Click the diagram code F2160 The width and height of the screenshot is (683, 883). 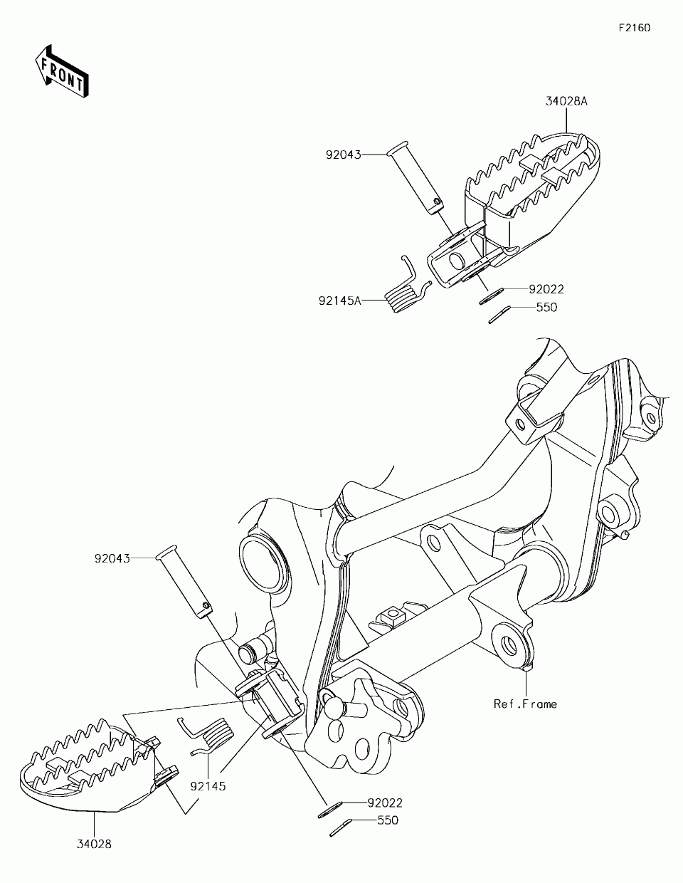[x=634, y=28]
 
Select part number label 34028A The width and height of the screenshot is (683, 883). [x=566, y=101]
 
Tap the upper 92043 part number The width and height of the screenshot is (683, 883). [x=344, y=154]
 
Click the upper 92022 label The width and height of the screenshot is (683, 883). [x=546, y=289]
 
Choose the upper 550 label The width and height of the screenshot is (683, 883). [x=546, y=308]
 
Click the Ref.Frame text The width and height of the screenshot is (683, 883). [x=525, y=704]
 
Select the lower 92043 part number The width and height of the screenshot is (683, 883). [x=112, y=558]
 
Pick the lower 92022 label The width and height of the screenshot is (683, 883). [x=385, y=803]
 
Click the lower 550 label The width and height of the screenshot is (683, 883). [x=387, y=820]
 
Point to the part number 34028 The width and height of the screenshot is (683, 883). [x=94, y=845]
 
